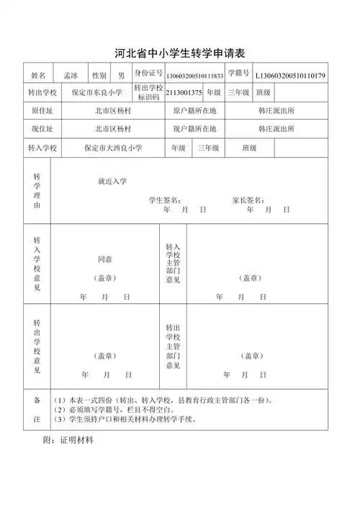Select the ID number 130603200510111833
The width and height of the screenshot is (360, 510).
coord(194,76)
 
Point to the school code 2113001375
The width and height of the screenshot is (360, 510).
coord(184,92)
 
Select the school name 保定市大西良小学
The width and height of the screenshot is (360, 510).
coord(113,148)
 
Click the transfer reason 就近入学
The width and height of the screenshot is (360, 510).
coord(112,181)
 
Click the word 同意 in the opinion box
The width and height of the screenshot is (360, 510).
coord(104,259)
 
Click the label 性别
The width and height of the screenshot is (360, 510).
coord(99,75)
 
